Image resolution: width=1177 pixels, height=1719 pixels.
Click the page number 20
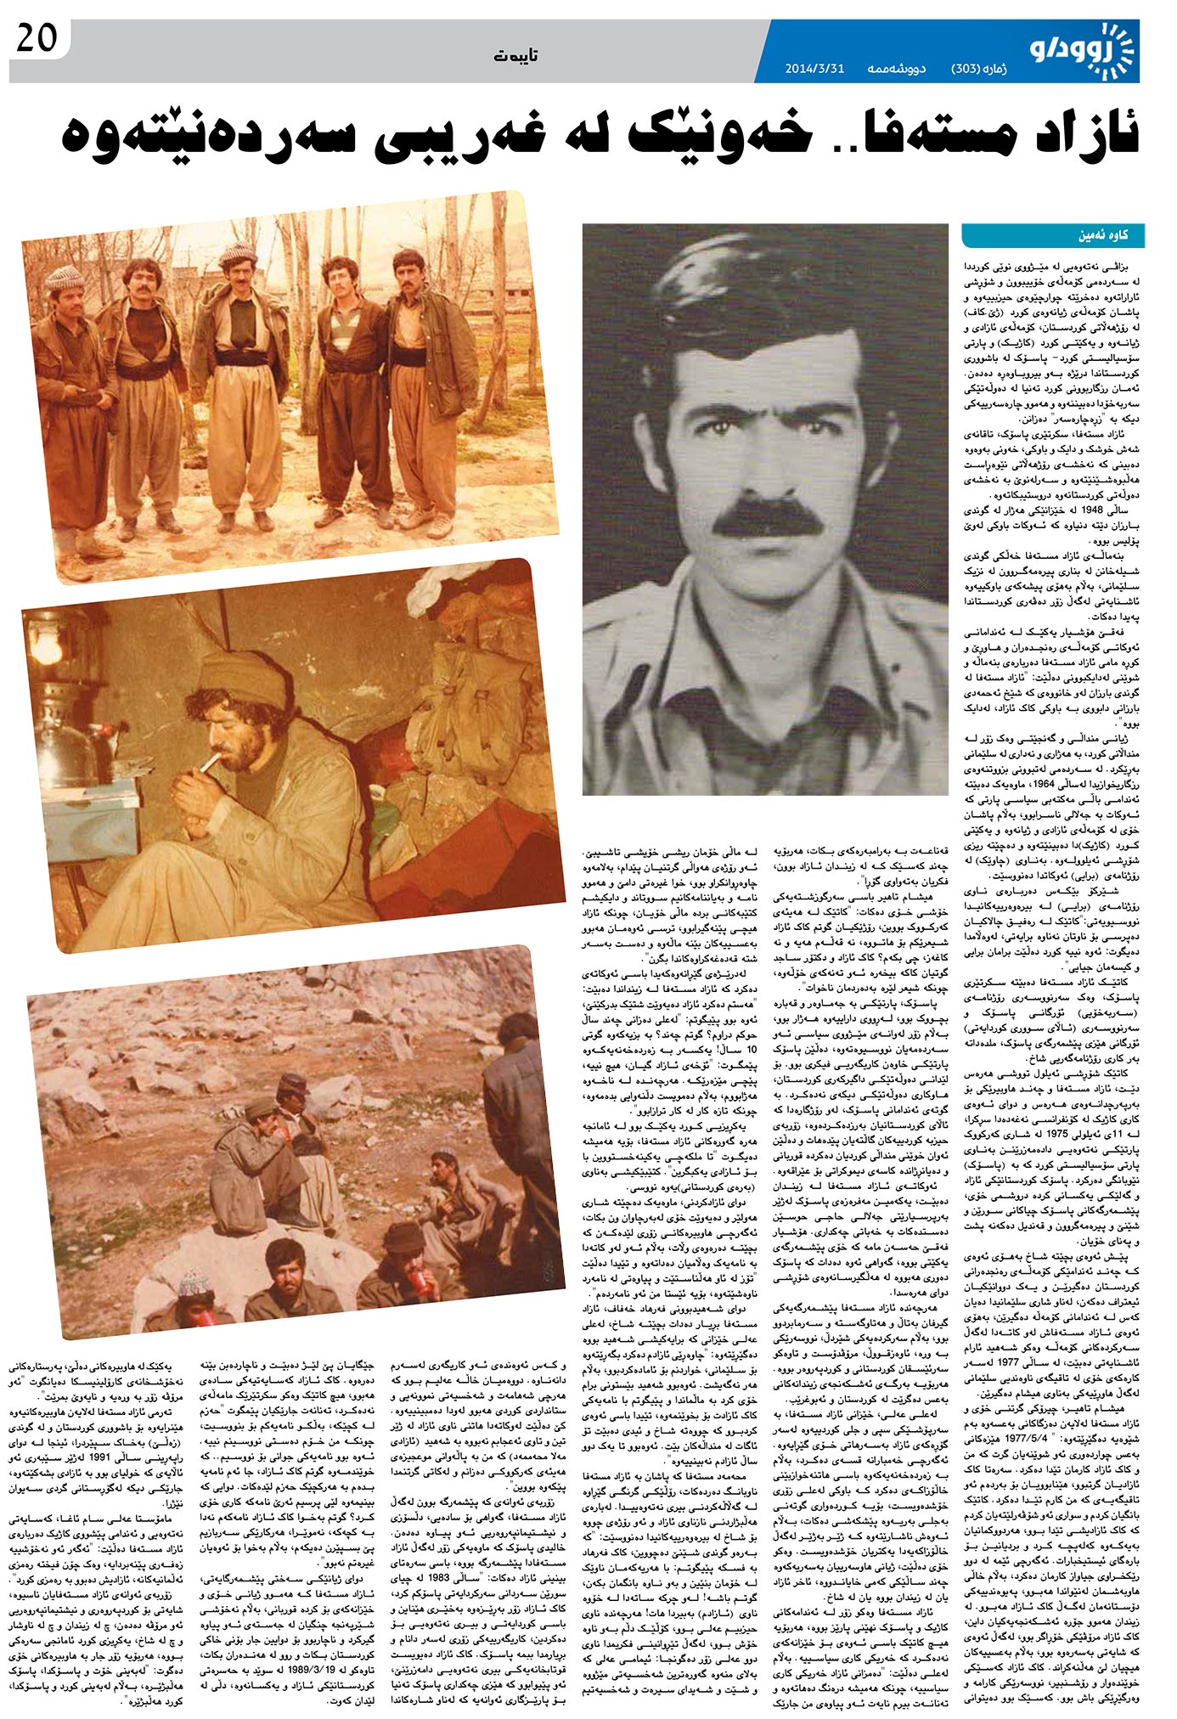point(37,39)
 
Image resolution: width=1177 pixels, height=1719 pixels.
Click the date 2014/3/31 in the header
point(814,68)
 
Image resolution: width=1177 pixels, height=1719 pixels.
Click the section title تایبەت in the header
point(517,56)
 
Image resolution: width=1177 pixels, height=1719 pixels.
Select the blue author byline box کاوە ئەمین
point(1053,235)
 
